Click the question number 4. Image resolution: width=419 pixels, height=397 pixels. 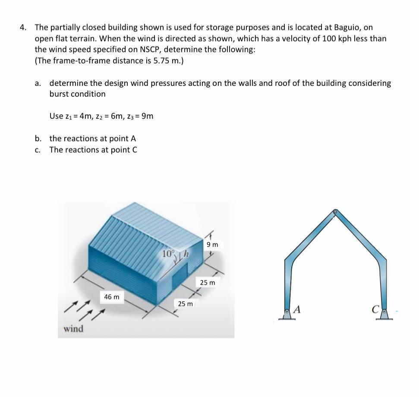click(x=23, y=27)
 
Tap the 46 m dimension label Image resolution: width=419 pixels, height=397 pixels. click(x=112, y=297)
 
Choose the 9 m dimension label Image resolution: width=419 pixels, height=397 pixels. click(x=212, y=245)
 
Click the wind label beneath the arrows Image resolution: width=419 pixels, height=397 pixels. click(x=73, y=329)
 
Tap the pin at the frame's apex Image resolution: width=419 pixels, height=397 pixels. click(x=335, y=212)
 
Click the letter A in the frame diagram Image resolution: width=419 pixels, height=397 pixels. click(x=298, y=309)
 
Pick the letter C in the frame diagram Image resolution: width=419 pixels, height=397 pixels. click(x=375, y=309)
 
